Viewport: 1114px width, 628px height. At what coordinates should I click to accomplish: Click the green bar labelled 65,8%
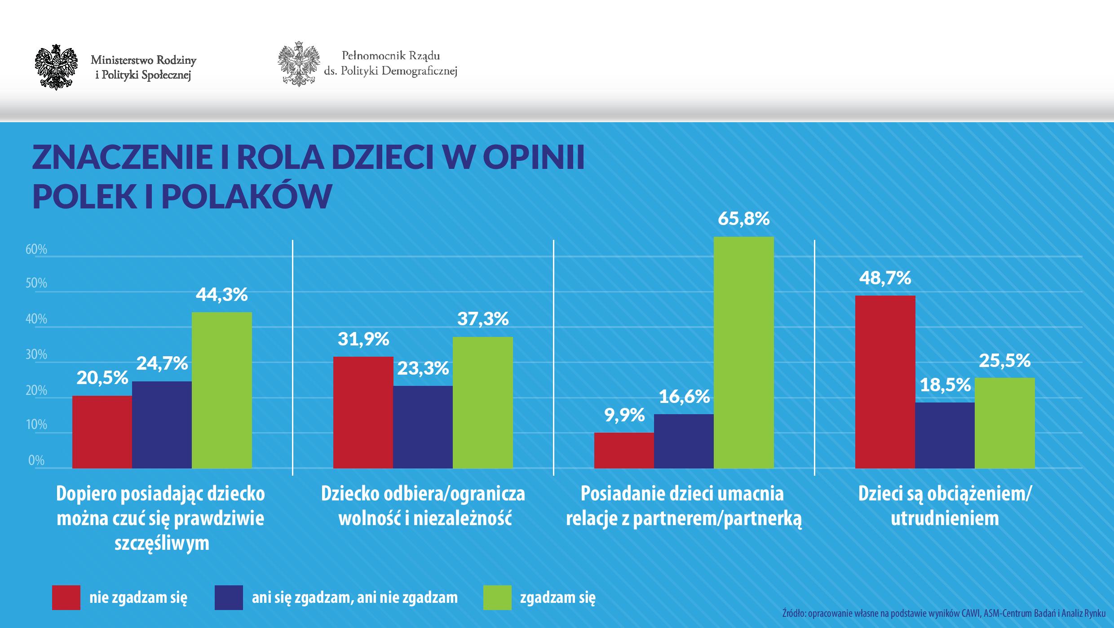[x=743, y=353]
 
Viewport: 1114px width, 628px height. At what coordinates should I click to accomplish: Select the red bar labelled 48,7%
[x=885, y=382]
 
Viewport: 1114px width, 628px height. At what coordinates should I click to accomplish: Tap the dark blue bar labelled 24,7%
[x=162, y=425]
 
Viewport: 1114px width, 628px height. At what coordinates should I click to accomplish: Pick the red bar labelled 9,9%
[x=624, y=451]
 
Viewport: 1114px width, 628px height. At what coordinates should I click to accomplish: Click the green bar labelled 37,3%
[x=482, y=402]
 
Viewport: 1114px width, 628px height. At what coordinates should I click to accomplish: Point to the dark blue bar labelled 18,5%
[x=945, y=435]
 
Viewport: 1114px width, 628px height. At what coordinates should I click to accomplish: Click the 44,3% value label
[x=221, y=295]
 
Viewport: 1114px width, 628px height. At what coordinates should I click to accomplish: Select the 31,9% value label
[x=363, y=339]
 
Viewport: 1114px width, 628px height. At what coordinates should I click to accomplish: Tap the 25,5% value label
[x=1004, y=360]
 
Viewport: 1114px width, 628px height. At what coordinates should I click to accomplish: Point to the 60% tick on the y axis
[x=36, y=250]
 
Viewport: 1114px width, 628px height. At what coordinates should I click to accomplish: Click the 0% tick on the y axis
[x=36, y=460]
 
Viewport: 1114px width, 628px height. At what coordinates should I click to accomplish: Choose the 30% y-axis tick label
[x=36, y=355]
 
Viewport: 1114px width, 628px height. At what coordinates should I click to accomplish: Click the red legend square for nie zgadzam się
[x=66, y=597]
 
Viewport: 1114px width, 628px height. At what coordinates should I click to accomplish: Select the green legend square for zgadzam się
[x=497, y=597]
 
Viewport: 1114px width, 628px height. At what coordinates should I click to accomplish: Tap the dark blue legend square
[x=229, y=597]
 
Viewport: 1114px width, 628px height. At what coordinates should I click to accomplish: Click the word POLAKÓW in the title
[x=247, y=196]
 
